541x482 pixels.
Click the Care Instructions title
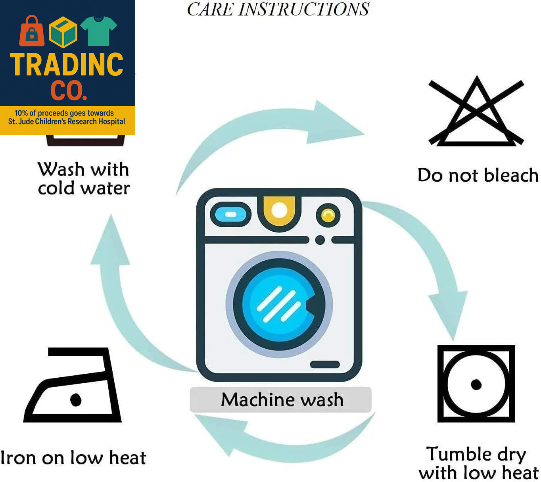coord(278,9)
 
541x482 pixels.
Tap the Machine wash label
coord(282,399)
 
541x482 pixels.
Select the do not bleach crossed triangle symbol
coord(476,113)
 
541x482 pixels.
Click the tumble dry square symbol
coord(476,384)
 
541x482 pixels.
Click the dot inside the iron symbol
coord(75,399)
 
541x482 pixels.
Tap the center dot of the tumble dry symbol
coord(476,384)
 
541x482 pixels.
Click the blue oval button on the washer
coord(230,215)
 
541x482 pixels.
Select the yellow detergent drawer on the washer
coord(279,212)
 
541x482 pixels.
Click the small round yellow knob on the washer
coord(328,215)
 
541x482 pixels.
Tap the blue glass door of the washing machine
coord(279,304)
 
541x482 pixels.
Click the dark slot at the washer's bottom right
coord(324,365)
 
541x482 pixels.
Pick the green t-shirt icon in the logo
coord(98,31)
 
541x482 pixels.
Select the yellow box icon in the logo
coord(63,32)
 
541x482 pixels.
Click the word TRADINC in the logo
coord(67,65)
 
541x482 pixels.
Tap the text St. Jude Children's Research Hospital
coord(67,121)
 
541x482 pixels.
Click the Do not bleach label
coord(478,175)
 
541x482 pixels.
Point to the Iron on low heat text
coord(73,457)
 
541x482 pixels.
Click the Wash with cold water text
coord(84,179)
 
